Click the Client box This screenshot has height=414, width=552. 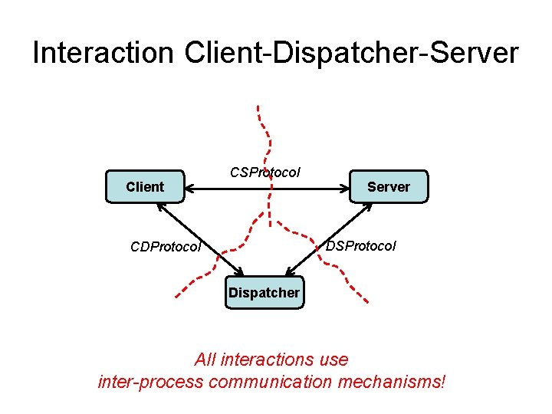(x=145, y=186)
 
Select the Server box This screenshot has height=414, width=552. (x=388, y=186)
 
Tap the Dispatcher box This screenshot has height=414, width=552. (x=264, y=292)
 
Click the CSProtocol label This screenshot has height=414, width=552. (x=265, y=172)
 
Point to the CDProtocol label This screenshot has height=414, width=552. (x=166, y=247)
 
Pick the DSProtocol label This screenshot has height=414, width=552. (x=361, y=246)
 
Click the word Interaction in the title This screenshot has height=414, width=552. (x=103, y=53)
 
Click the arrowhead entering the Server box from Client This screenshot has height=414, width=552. (x=344, y=186)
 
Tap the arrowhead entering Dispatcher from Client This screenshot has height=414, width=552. (x=239, y=273)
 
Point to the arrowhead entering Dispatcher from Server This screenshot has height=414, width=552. (x=289, y=272)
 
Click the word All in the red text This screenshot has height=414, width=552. (x=206, y=359)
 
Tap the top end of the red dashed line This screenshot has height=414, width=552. (x=258, y=107)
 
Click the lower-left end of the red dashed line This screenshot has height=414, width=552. (x=176, y=295)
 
